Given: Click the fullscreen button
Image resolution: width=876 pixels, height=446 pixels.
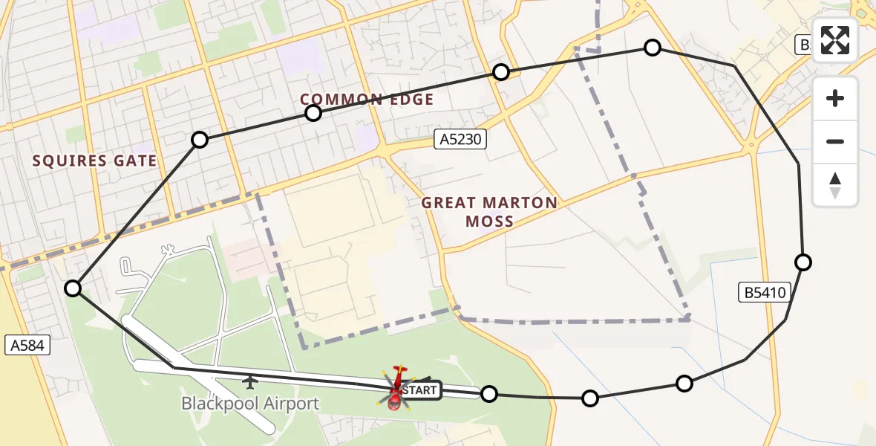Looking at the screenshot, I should click(x=835, y=40).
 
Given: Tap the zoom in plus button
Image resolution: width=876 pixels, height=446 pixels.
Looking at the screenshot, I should click(x=835, y=99).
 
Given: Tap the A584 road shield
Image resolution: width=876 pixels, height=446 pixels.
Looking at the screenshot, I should click(x=27, y=345).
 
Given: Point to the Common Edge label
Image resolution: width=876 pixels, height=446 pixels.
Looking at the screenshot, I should click(x=367, y=100).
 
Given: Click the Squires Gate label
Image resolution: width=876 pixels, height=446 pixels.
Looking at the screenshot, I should click(x=94, y=161).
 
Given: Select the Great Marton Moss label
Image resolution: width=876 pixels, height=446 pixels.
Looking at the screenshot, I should click(x=489, y=212).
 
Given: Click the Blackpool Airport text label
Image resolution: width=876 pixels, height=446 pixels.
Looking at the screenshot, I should click(x=250, y=404).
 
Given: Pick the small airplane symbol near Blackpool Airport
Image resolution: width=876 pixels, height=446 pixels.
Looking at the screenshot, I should click(x=251, y=382).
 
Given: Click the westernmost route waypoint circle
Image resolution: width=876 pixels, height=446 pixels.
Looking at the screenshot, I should click(x=73, y=288).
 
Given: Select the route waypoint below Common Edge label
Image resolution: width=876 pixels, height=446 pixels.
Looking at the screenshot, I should click(x=313, y=113).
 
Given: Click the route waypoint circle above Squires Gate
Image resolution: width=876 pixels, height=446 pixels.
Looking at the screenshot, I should click(x=199, y=140).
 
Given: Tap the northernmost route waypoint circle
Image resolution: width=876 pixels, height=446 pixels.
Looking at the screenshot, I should click(x=652, y=48).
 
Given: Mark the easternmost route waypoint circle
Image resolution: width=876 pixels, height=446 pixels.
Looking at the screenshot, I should click(x=803, y=262).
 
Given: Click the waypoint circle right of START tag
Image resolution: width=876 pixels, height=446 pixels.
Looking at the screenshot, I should click(x=488, y=394).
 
